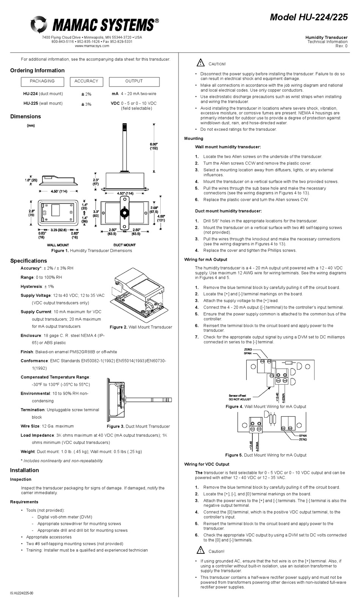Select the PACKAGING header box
coord(42,81)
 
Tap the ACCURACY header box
coord(86,81)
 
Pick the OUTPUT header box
coord(134,81)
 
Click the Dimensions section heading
coord(25,116)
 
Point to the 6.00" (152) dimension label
coord(153,146)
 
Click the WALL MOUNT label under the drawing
coord(58,245)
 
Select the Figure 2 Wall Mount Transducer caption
coord(141,327)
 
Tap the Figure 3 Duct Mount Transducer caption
coord(138,426)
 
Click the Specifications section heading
coord(28,261)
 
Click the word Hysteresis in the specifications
coord(31,287)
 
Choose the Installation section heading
coord(24,470)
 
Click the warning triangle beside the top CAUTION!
coord(200,63)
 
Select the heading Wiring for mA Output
coord(205,260)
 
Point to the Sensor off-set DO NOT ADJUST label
coord(239,397)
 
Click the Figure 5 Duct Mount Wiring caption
coord(266,455)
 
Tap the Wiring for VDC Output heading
coord(207,464)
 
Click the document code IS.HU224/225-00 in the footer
coord(22,593)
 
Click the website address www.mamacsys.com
coord(92,46)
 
